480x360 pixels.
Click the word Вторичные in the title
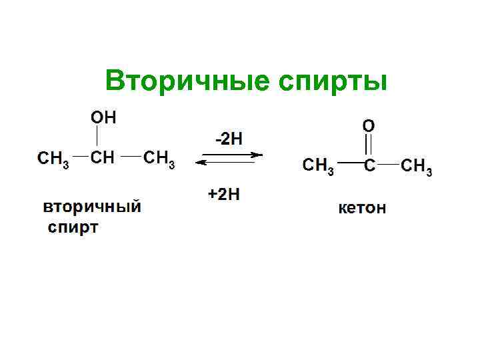pos(178,81)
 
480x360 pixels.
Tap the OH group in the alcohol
pos(103,118)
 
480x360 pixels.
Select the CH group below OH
pos(102,159)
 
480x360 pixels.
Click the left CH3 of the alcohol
pos(53,159)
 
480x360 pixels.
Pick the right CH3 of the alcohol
pos(159,159)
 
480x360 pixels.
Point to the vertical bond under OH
pos(98,138)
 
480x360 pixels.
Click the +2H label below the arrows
pos(223,194)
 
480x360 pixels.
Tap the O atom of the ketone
pos(368,125)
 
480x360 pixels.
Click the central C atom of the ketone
pos(369,165)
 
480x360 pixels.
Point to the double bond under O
pos(368,145)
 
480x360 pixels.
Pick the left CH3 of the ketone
pos(318,165)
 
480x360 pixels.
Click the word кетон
pos(363,209)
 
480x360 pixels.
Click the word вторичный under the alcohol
pos(93,206)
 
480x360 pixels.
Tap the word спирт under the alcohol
pos(73,227)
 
